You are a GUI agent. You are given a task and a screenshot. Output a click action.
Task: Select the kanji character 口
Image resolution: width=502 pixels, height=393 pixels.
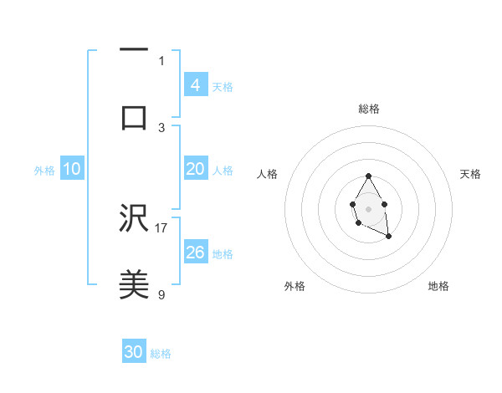click(134, 117)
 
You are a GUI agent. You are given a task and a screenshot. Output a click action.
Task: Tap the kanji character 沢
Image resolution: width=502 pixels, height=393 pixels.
click(134, 219)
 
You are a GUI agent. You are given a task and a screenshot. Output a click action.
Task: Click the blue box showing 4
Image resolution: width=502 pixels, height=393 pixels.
click(195, 85)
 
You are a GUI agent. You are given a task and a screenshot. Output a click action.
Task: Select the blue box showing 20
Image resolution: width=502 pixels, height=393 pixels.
click(195, 169)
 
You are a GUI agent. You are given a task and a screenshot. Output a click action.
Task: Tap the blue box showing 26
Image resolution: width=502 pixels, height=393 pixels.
click(195, 253)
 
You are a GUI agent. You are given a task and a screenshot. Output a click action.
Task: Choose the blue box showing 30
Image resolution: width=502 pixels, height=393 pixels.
click(134, 352)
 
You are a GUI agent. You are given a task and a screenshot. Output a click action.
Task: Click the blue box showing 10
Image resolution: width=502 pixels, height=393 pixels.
click(72, 169)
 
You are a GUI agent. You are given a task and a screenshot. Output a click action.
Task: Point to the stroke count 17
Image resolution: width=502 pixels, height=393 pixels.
click(161, 227)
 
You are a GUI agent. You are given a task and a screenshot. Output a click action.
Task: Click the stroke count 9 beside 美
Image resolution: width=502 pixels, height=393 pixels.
click(161, 293)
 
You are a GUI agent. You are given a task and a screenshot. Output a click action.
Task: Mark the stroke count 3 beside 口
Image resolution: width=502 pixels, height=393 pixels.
click(161, 127)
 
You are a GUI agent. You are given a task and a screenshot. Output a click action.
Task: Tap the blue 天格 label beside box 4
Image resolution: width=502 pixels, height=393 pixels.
click(223, 86)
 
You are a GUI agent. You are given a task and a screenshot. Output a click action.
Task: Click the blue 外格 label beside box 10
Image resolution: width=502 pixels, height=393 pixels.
click(44, 170)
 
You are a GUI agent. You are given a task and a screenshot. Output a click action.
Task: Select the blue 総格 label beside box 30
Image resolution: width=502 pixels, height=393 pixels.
click(161, 353)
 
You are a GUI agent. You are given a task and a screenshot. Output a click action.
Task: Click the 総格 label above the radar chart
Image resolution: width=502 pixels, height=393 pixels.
click(368, 109)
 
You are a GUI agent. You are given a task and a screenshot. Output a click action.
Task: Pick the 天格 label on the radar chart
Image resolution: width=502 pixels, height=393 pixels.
click(470, 174)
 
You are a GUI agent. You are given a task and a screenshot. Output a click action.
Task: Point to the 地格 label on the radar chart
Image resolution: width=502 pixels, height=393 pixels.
click(438, 286)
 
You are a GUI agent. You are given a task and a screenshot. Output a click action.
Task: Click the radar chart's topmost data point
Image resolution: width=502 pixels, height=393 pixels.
click(368, 176)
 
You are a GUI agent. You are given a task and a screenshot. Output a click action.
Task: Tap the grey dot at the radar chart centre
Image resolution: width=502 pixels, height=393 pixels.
click(368, 208)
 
